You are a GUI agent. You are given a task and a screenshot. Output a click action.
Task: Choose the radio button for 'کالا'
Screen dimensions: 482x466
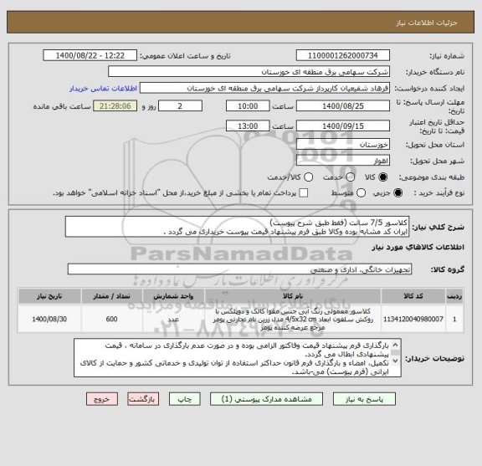click(383, 177)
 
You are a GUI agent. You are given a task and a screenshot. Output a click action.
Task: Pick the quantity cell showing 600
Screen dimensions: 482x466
click(112, 320)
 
